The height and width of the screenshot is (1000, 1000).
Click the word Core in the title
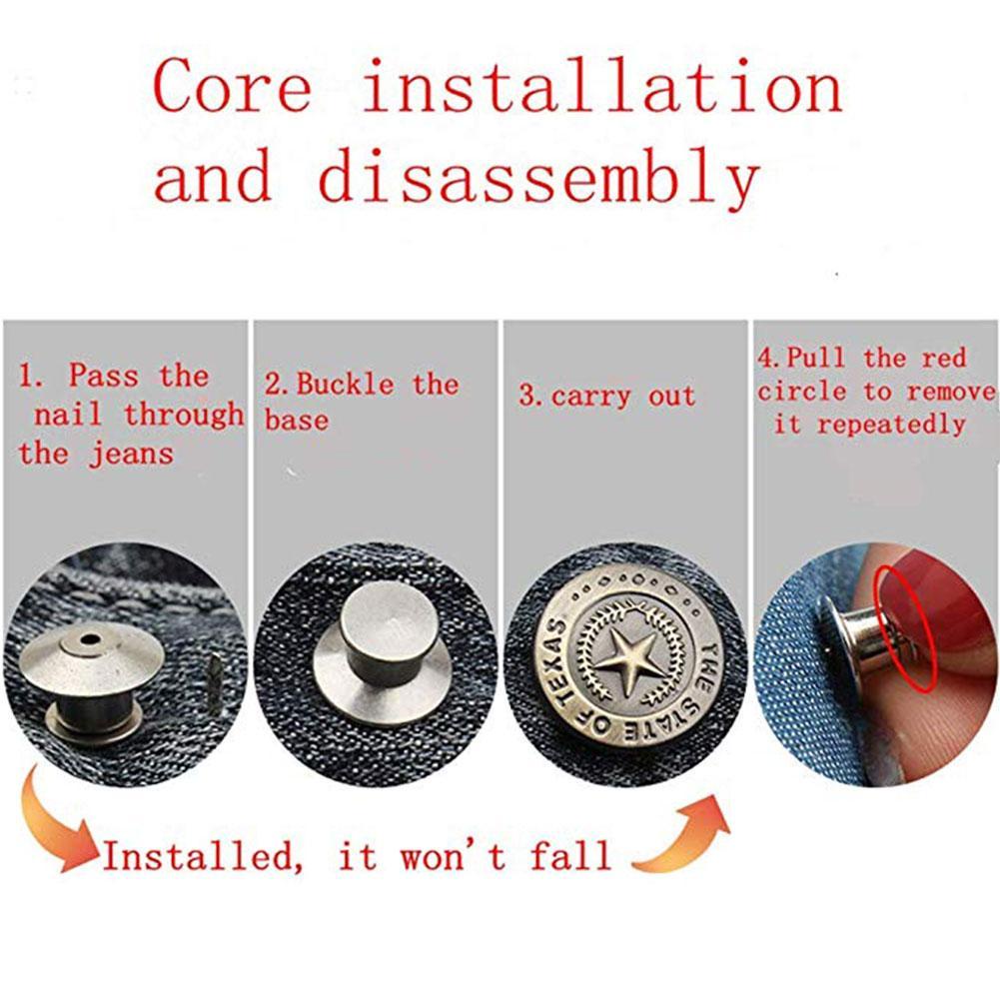[233, 87]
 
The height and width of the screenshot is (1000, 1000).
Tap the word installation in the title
[601, 87]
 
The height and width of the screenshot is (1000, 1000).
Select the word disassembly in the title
[538, 179]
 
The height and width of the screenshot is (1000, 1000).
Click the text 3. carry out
[606, 396]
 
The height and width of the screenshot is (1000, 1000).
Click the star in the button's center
[623, 660]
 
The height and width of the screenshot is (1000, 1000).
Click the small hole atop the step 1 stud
[91, 637]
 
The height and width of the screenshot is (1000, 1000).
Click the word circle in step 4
[800, 392]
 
